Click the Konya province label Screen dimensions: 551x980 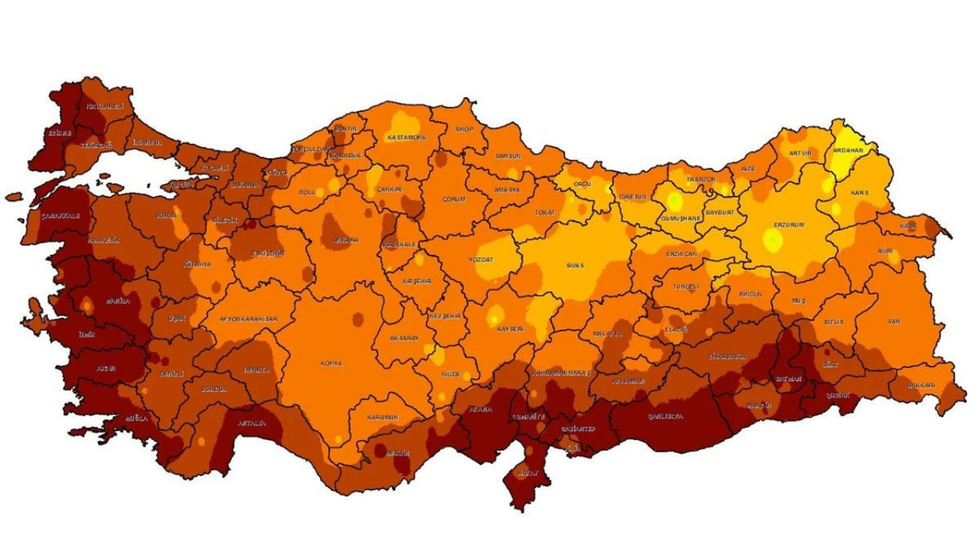332,364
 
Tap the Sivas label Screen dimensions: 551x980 575,266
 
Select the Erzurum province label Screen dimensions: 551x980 789,225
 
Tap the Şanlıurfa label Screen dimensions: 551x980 665,417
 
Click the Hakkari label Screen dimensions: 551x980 921,386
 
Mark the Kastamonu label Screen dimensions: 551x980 407,138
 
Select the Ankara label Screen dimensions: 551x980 345,240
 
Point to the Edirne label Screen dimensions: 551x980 59,133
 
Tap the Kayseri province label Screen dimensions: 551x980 510,329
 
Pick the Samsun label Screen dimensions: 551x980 508,156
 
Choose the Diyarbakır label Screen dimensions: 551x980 726,357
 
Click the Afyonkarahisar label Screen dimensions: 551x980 249,319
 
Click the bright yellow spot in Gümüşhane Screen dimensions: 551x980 675,202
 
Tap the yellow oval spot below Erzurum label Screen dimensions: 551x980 773,242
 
